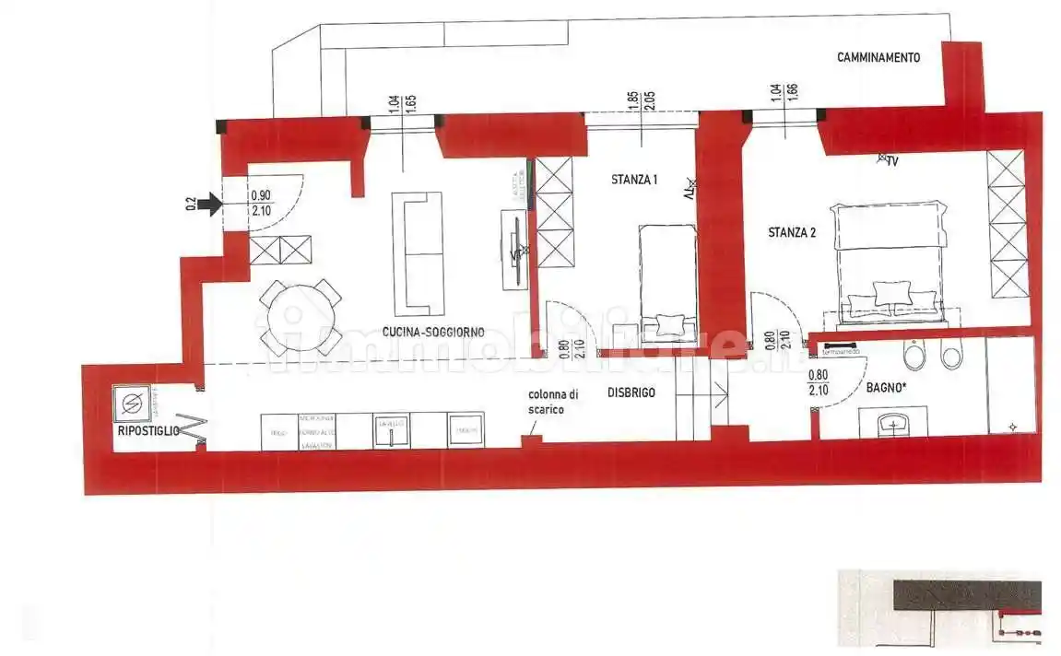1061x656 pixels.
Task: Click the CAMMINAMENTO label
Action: click(878, 57)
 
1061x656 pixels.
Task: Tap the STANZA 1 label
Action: click(634, 180)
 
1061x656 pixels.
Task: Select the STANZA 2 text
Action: click(792, 233)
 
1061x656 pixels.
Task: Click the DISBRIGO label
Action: click(631, 392)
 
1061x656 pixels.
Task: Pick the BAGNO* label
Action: click(886, 389)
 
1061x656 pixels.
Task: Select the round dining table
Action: click(300, 317)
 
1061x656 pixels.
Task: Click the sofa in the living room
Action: click(418, 252)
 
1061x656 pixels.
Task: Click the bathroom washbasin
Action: click(891, 426)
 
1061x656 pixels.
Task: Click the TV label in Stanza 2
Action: click(891, 161)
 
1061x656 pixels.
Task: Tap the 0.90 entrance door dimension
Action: click(261, 195)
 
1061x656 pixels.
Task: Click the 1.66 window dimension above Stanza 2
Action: click(793, 97)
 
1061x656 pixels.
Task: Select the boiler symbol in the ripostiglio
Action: click(133, 403)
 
